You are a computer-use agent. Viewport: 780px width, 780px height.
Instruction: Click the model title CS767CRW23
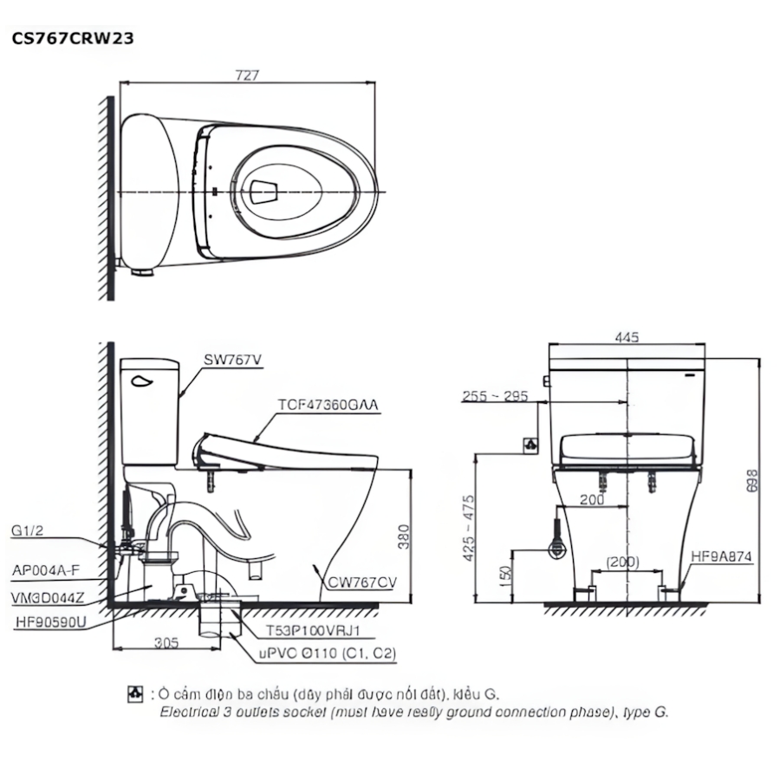[72, 38]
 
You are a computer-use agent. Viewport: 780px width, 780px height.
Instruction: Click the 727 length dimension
[247, 75]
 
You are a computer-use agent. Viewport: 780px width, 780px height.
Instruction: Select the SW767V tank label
[233, 360]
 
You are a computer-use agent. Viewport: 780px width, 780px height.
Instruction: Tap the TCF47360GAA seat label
[328, 405]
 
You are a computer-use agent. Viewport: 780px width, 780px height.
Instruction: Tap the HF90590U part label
[50, 621]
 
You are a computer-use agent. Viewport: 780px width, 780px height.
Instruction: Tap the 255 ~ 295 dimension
[494, 396]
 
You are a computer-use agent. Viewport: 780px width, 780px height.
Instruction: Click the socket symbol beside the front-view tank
[530, 445]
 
